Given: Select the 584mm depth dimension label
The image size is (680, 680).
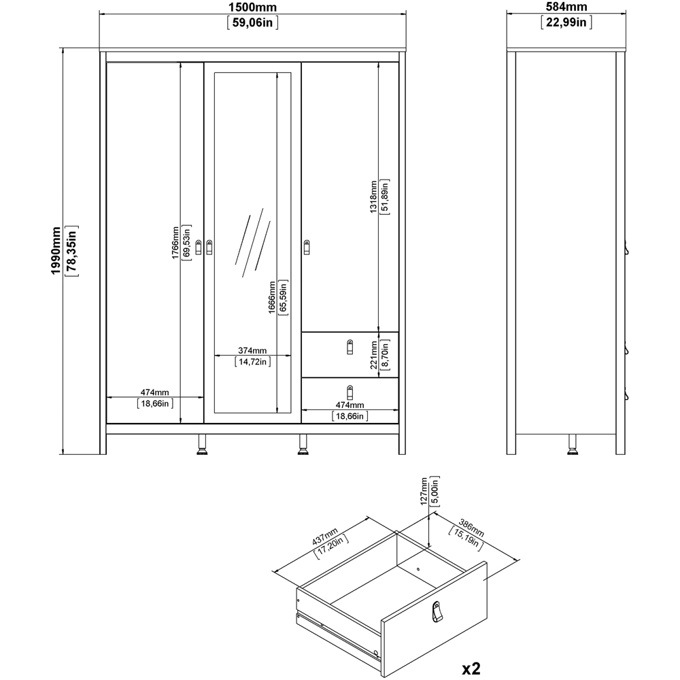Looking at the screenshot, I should coord(566,7).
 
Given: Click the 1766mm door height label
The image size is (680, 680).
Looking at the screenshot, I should coord(175,243).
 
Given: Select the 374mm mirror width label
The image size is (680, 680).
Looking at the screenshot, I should coord(252,351).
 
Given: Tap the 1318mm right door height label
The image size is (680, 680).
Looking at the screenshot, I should coord(373,197).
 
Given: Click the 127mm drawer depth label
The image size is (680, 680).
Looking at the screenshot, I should coord(422,490).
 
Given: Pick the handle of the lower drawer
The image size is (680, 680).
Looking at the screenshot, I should coord(350,392).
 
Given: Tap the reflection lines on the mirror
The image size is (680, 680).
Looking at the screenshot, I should coord(252,241).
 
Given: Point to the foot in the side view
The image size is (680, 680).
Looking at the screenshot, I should coord(571,445).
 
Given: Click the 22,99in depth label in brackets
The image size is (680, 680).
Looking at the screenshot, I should coord(566,22).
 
